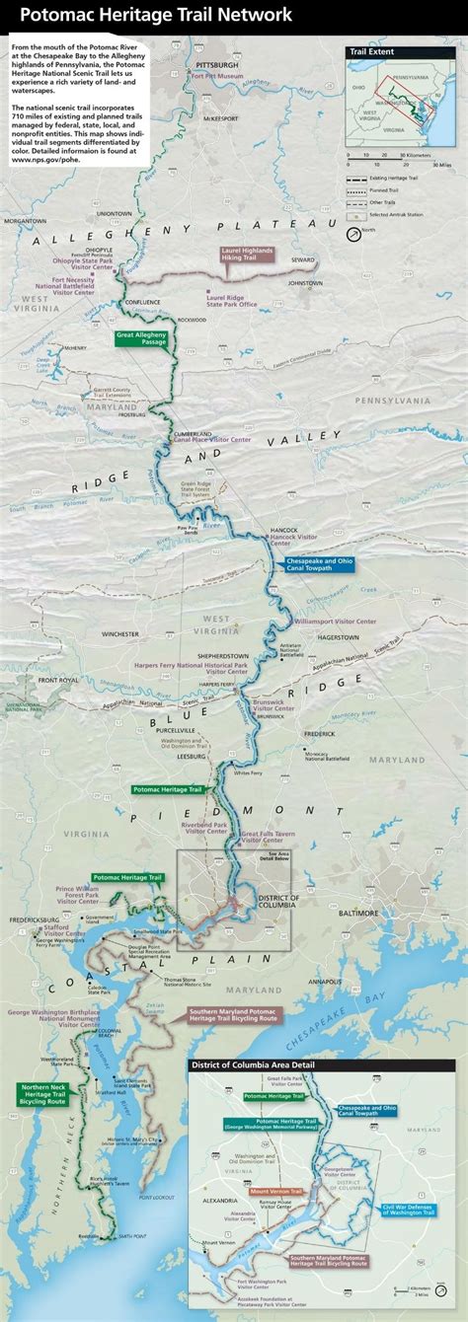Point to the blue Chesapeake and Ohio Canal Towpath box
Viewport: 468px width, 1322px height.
click(318, 563)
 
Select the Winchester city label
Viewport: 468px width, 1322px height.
click(120, 634)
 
